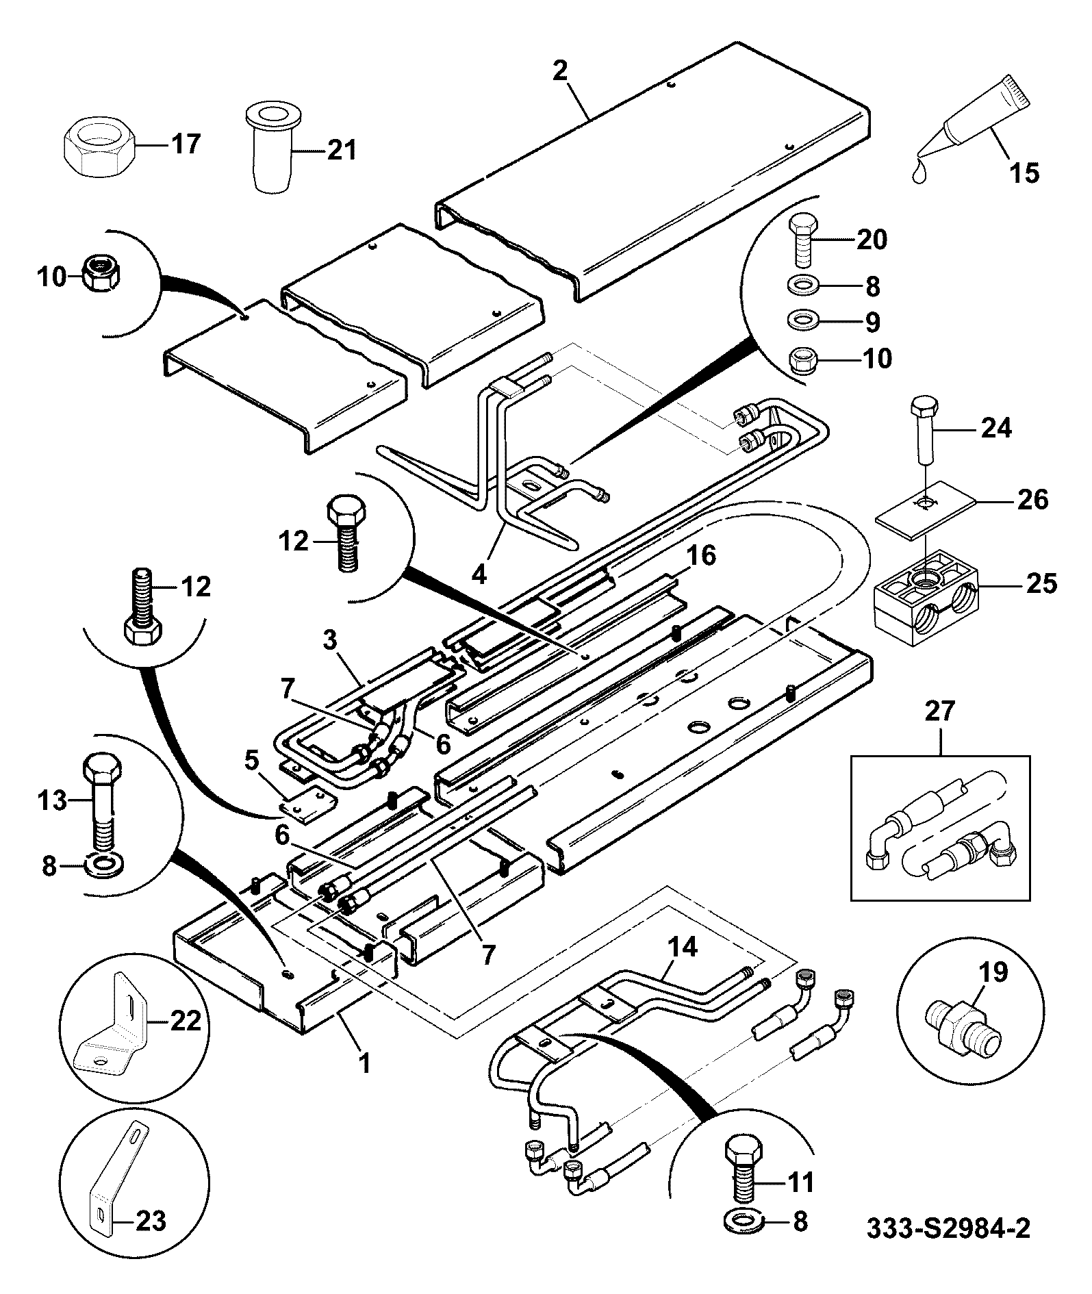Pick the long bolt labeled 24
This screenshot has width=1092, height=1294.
coord(922,431)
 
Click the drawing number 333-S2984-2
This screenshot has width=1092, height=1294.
coord(948,1228)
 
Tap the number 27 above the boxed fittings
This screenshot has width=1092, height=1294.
coord(939,711)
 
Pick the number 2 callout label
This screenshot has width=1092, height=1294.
coord(561,70)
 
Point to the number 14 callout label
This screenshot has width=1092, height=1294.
coord(682,948)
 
